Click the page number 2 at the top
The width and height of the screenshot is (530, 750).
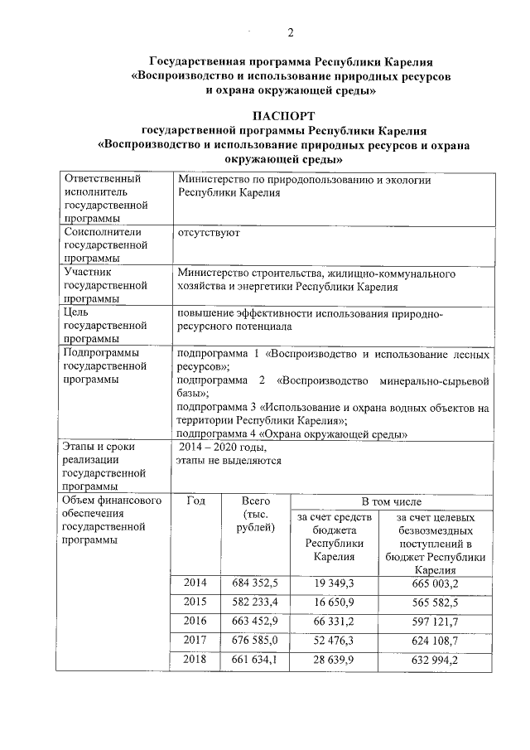tap(290, 32)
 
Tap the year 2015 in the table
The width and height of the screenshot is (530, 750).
tap(196, 602)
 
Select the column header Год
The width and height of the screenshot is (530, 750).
tap(196, 501)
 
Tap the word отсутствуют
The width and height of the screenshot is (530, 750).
tap(210, 233)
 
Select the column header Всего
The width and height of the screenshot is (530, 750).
tap(257, 501)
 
